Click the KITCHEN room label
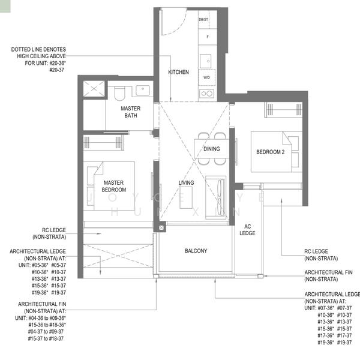coord(178,72)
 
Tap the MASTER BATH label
coord(130,112)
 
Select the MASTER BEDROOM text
coord(114,185)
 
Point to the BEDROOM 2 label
coord(269,152)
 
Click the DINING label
coord(211,149)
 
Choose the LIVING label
coord(186,183)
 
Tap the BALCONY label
coord(195,251)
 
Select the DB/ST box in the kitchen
coord(205,20)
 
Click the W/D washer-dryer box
coord(206,78)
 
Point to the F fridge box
coord(207,37)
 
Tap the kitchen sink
coord(206,60)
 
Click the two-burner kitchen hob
coord(206,93)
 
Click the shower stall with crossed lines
coord(94,90)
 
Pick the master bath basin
coord(143,91)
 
